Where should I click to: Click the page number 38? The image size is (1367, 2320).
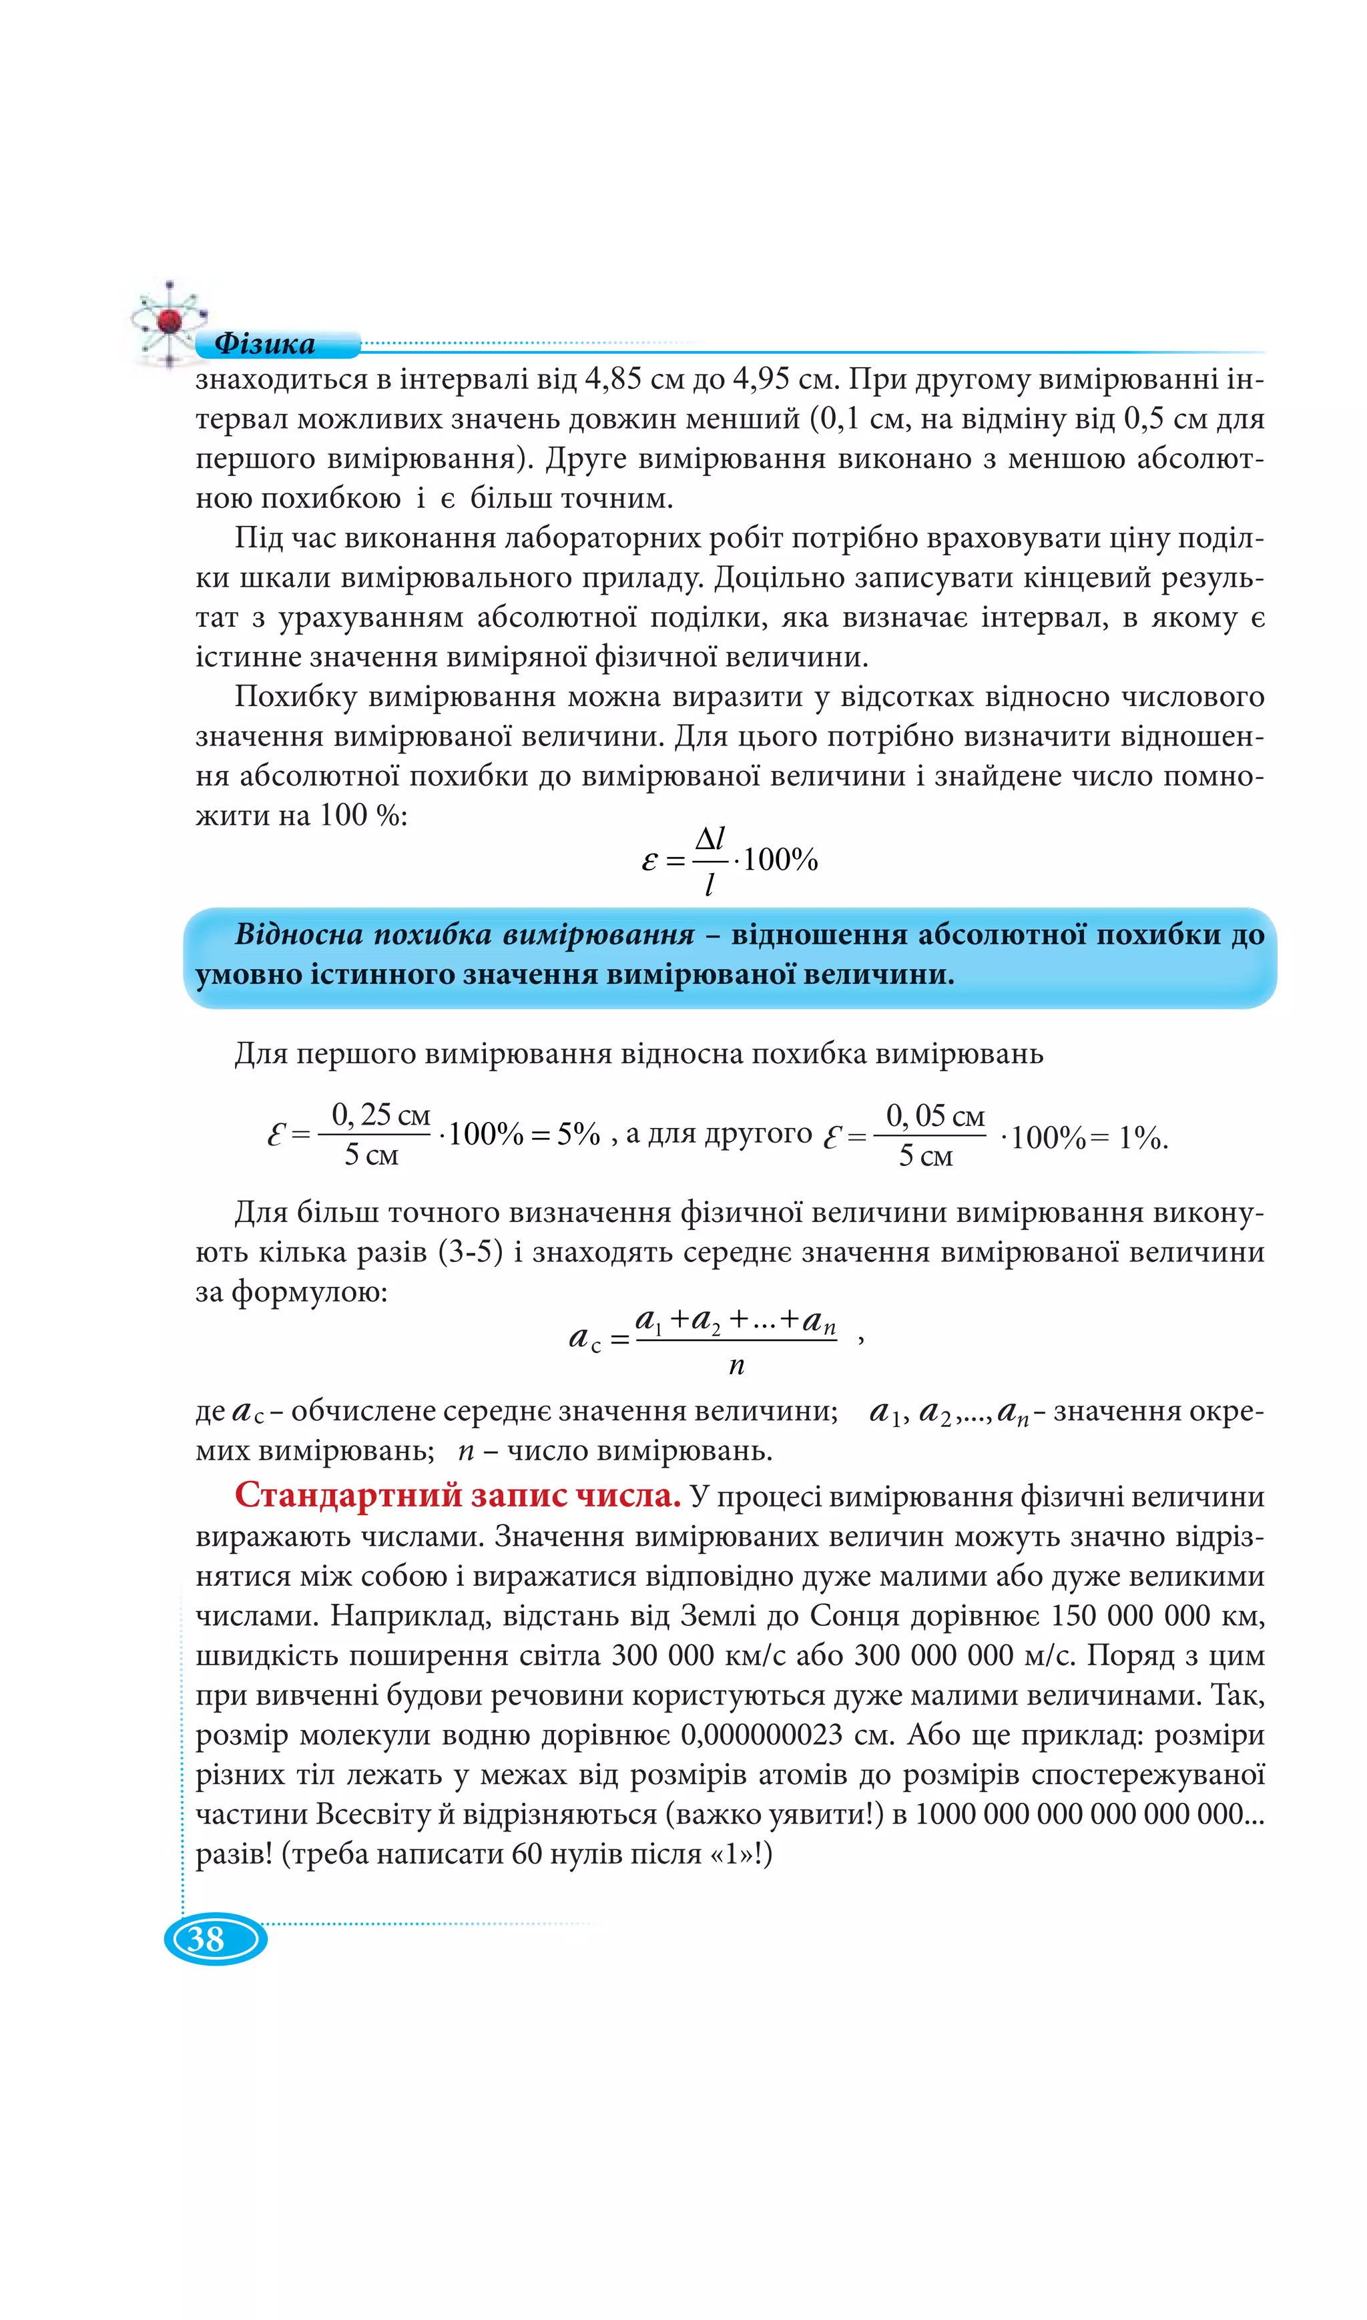click(206, 1939)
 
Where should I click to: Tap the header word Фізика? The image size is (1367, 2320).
click(264, 344)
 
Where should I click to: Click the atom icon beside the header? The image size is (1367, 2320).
click(169, 320)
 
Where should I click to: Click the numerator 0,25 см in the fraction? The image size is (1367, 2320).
click(380, 1115)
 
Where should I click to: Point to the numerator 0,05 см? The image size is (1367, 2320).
click(935, 1115)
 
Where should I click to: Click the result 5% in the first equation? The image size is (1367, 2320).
click(579, 1134)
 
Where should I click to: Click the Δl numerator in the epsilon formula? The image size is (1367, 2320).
click(710, 838)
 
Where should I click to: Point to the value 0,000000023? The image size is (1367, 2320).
click(762, 1734)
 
